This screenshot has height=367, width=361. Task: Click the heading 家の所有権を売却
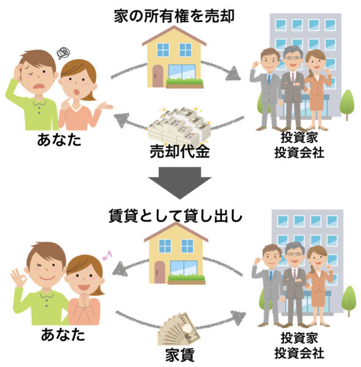point(174,16)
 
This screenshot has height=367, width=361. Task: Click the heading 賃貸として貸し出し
point(175,216)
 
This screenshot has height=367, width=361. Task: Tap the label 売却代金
point(180,151)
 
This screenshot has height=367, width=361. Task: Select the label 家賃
point(180,355)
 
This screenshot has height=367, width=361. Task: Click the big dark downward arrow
point(180,182)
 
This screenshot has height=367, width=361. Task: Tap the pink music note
point(107,255)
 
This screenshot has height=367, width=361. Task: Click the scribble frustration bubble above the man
point(64,53)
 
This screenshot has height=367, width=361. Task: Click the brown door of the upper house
point(158,76)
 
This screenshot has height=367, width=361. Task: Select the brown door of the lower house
point(159,272)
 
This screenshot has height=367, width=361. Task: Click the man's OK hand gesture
point(18,278)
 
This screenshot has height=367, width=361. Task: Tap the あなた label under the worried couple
point(59,139)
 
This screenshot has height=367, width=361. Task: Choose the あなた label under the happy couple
point(63,334)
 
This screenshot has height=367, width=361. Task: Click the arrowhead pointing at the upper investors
point(233,73)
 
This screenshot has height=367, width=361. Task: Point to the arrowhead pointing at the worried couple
point(122,120)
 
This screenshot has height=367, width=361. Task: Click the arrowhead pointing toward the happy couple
point(120,269)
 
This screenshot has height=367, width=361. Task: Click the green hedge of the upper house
point(184,81)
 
